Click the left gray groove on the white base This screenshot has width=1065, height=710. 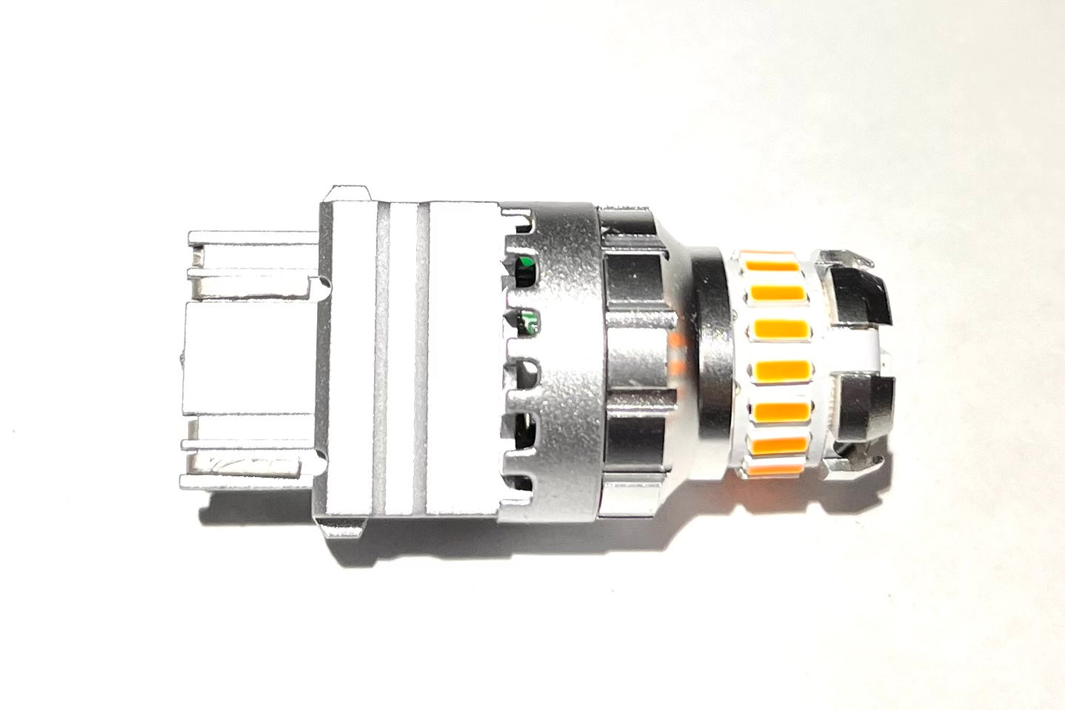[x=381, y=359]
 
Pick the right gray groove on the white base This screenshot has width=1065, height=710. [x=423, y=359]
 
